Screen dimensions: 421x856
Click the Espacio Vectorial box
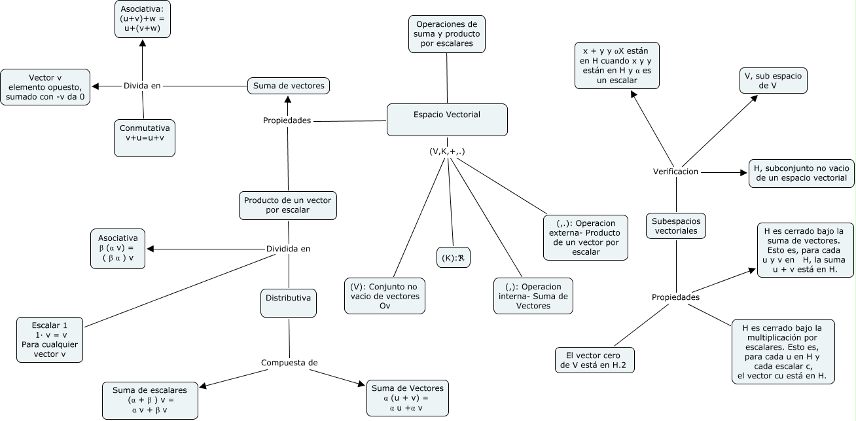(447, 119)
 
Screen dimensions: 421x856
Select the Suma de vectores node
(288, 86)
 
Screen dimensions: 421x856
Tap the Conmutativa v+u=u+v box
(145, 137)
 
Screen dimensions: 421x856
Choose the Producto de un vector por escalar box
(288, 205)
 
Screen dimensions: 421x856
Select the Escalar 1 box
(50, 340)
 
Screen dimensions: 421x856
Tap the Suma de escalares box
(149, 399)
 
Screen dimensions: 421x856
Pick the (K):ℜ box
(454, 257)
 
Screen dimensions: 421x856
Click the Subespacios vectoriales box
(676, 227)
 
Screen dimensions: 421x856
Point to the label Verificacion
(676, 172)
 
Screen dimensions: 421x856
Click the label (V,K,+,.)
(447, 151)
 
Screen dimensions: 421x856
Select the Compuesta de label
(289, 363)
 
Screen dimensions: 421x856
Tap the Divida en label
(142, 86)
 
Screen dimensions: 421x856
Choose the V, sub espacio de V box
(770, 81)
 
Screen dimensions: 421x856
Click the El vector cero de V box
(596, 360)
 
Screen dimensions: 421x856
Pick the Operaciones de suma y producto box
(447, 34)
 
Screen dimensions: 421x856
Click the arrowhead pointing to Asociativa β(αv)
(151, 249)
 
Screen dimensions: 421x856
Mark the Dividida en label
(288, 249)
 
